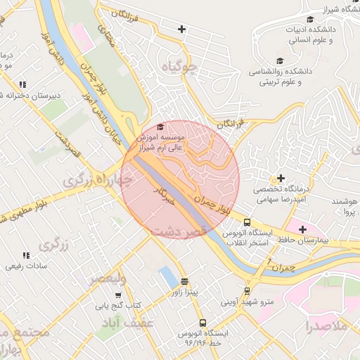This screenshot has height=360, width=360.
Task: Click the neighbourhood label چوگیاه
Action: [x=181, y=67]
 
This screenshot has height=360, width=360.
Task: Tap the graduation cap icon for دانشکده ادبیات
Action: [x=310, y=19]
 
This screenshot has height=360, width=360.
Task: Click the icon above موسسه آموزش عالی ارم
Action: [x=160, y=127]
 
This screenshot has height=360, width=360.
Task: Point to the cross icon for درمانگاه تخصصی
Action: [x=281, y=178]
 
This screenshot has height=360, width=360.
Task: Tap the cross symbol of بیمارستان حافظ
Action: [x=303, y=229]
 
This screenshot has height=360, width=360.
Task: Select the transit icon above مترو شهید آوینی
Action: [x=247, y=290]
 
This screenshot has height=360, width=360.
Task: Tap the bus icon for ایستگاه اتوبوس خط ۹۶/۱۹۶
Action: [x=203, y=322]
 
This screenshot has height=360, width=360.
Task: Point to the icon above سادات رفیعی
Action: [x=26, y=255]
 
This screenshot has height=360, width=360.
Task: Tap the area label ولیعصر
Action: [x=106, y=279]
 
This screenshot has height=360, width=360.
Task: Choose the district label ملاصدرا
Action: [x=326, y=327]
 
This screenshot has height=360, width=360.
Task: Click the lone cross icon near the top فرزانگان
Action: [x=182, y=29]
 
